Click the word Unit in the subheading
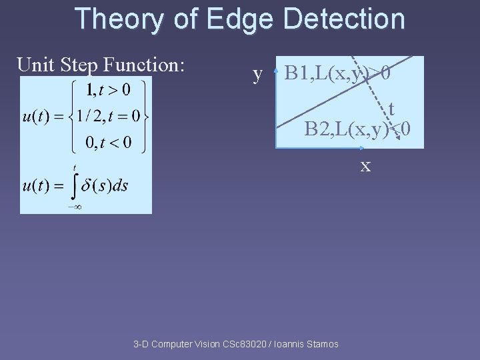35,65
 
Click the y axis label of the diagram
258,73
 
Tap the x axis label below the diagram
365,165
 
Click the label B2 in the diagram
316,129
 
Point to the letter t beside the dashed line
391,109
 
